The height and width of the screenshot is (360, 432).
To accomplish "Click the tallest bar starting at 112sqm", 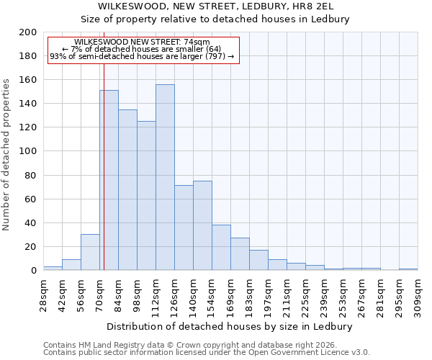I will pyautogui.click(x=165, y=177).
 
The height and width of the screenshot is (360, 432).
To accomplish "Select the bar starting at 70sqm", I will pyautogui.click(x=109, y=180).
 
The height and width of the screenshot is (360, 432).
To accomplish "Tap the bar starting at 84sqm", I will pyautogui.click(x=127, y=189).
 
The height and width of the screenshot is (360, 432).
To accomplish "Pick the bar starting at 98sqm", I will pyautogui.click(x=146, y=195).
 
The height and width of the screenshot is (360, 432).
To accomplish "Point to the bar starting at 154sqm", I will pyautogui.click(x=221, y=247).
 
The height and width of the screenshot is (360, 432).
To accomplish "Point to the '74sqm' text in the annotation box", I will pyautogui.click(x=197, y=42).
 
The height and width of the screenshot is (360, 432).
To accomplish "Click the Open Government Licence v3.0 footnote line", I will pyautogui.click(x=207, y=353).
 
